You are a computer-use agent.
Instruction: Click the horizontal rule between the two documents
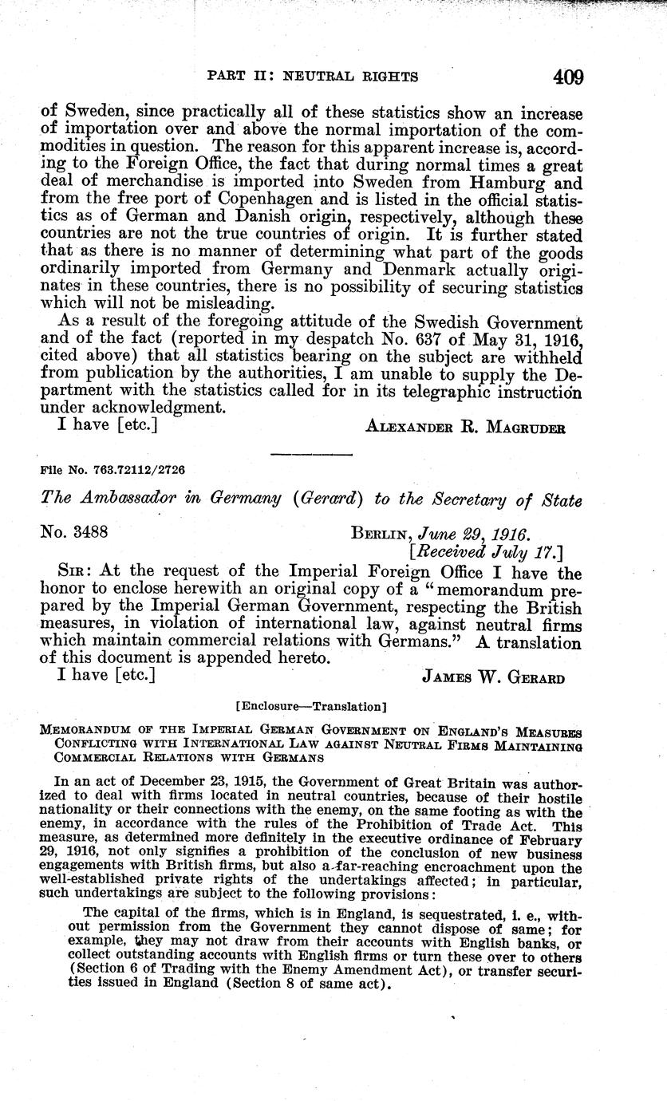[x=312, y=454]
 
